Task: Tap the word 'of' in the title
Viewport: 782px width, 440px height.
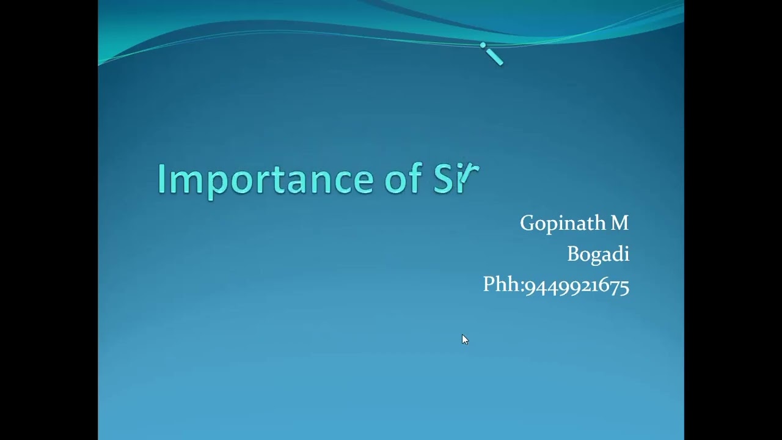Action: [x=403, y=179]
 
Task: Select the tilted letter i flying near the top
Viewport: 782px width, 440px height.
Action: [x=492, y=54]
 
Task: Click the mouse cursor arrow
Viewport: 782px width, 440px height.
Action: [x=464, y=339]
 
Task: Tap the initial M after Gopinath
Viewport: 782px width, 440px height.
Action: [x=619, y=224]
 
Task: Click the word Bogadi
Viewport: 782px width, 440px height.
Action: [x=597, y=254]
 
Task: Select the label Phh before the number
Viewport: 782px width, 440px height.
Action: [x=502, y=285]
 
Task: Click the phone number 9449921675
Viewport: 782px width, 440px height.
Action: [x=577, y=286]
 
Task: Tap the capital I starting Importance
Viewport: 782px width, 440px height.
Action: [x=161, y=179]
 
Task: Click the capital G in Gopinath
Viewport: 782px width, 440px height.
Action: [x=527, y=223]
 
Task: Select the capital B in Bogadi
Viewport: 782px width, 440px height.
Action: [x=573, y=254]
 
